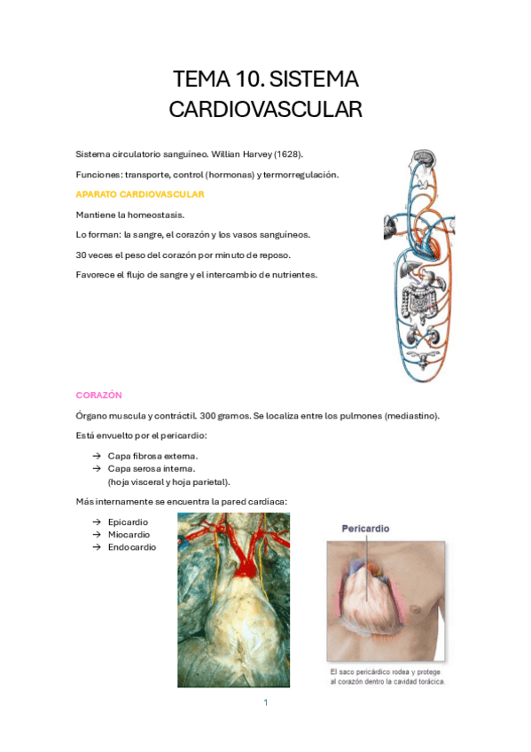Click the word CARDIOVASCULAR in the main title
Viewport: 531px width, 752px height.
coord(265,109)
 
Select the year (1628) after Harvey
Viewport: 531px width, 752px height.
coord(287,155)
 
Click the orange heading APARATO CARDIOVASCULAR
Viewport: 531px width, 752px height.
coord(140,194)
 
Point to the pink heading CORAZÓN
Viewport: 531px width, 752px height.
coord(98,395)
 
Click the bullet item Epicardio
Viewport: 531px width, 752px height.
coord(128,522)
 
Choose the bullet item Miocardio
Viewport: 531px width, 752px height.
coord(129,535)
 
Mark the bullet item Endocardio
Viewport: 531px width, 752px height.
coord(131,547)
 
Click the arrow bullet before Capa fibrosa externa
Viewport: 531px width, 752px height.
coord(96,456)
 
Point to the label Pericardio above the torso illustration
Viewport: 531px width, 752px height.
coord(365,529)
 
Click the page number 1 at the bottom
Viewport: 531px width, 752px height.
coord(265,702)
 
